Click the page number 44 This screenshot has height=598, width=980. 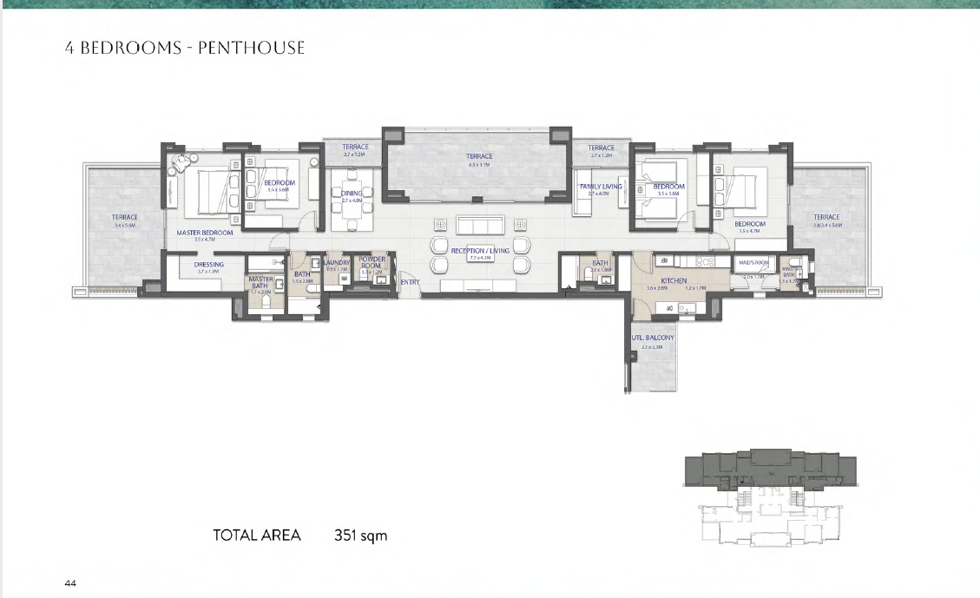tap(70, 583)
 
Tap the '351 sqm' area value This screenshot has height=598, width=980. tap(361, 536)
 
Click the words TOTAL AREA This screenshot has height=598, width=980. tap(257, 536)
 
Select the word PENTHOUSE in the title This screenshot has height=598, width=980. tap(252, 48)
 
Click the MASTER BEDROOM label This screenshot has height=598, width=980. tap(205, 233)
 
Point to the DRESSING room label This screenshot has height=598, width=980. tap(208, 265)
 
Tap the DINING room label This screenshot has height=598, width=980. tap(352, 194)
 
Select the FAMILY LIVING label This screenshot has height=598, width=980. tap(601, 187)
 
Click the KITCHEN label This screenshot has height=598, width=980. tap(674, 281)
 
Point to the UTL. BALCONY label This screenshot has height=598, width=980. tap(652, 338)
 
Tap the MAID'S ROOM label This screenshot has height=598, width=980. tap(753, 262)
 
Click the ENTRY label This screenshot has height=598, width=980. tap(410, 282)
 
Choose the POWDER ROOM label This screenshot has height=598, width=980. tap(372, 262)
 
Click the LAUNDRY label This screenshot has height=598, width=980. tap(336, 263)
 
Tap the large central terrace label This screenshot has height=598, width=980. tap(479, 157)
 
